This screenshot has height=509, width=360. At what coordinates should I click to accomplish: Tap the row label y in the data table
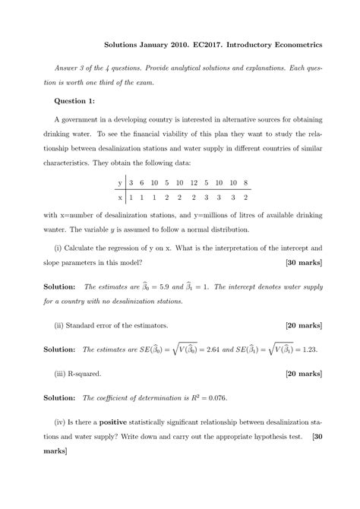[119, 183]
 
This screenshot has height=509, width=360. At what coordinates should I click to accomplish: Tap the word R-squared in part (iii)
[88, 375]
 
